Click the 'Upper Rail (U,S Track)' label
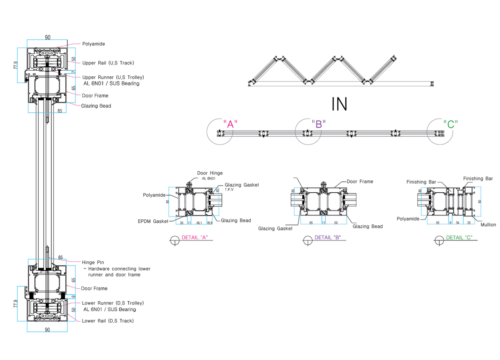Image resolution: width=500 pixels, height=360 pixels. coord(108,63)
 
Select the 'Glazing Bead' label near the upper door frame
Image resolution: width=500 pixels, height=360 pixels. coord(96,106)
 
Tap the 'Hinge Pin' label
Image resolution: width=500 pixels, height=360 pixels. coord(93,263)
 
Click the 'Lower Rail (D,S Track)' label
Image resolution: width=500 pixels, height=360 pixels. coord(108,321)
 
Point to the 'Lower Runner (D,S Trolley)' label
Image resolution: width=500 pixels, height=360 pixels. coord(113,303)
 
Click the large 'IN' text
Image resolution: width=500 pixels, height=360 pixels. coord(339,104)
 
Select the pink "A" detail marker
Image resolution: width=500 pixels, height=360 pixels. coord(230,124)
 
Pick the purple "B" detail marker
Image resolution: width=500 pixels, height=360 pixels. coord(318,124)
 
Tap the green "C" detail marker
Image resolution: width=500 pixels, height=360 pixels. coord(450,124)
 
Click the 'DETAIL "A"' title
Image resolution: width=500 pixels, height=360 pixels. coord(194,238)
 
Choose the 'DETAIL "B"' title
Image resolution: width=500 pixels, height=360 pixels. coord(328,238)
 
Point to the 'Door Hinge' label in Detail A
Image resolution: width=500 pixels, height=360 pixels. coord(210,173)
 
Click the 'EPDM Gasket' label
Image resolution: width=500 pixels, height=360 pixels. coord(153,222)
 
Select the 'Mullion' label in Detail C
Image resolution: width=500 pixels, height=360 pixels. coord(488,225)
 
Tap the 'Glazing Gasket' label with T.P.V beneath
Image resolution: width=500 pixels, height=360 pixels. coord(242,185)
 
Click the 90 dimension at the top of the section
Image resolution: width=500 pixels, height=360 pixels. coord(47,37)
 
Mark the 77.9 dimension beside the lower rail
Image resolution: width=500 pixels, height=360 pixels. coord(16,304)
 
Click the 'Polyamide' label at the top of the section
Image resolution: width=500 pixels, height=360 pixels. coord(94,44)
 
